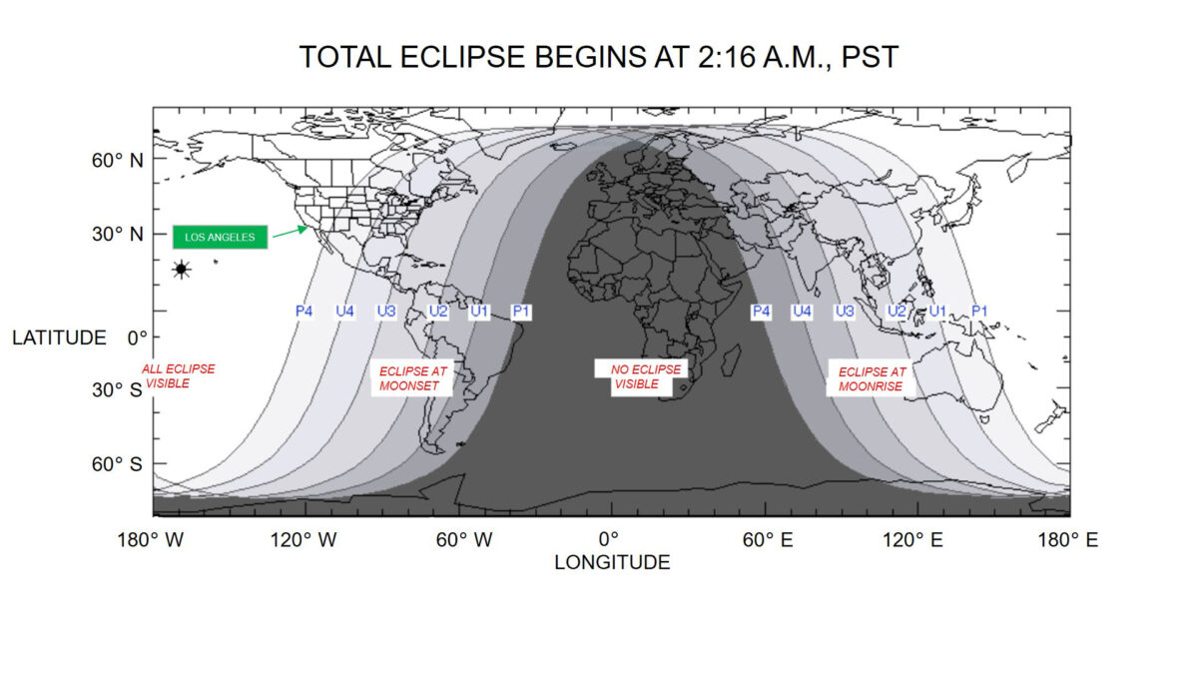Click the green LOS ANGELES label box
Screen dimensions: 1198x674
(x=220, y=237)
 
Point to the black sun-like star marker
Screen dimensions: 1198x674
(x=182, y=269)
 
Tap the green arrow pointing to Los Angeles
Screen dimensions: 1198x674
(x=291, y=232)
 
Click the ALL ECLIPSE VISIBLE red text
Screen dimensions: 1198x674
(x=178, y=376)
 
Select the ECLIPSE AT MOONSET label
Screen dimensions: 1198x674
(x=412, y=378)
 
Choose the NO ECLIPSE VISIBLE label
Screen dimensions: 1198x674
(x=641, y=376)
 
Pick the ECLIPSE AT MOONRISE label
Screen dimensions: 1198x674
(x=871, y=378)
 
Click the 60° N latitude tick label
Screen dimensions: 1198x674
(x=117, y=161)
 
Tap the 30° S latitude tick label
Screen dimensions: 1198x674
(x=117, y=390)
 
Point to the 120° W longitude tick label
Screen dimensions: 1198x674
(x=303, y=540)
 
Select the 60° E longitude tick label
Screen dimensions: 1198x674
(x=768, y=540)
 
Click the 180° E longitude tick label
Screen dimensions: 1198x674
(x=1068, y=540)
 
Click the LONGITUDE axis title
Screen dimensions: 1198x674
(x=612, y=563)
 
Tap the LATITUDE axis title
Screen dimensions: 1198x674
(x=59, y=338)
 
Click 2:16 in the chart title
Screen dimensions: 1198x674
(x=728, y=57)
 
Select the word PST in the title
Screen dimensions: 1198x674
(x=871, y=57)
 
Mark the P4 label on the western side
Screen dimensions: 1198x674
(x=303, y=311)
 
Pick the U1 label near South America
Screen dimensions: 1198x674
(x=479, y=312)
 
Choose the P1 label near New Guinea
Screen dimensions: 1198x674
(x=979, y=311)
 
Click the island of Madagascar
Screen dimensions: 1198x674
(x=731, y=358)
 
